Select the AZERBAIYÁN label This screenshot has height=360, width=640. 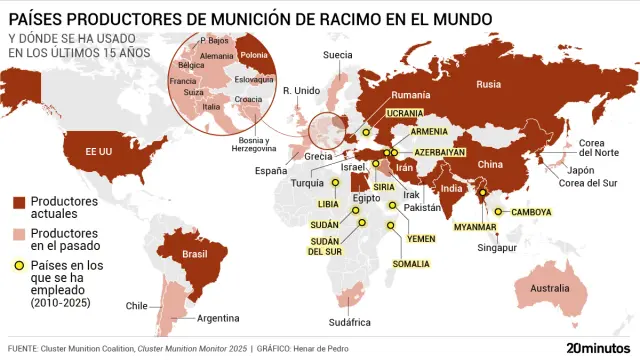click(439, 152)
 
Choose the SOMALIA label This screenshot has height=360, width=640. click(411, 264)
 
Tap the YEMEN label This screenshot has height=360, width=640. click(422, 239)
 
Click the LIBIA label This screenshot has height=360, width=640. click(328, 203)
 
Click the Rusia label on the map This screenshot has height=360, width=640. click(489, 84)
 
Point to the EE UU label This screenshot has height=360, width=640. click(97, 150)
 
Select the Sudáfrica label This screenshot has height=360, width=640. click(350, 322)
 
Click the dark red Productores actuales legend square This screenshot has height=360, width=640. click(19, 202)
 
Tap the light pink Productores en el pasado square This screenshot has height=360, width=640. click(19, 234)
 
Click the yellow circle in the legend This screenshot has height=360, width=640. click(19, 266)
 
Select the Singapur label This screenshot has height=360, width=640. click(497, 247)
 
